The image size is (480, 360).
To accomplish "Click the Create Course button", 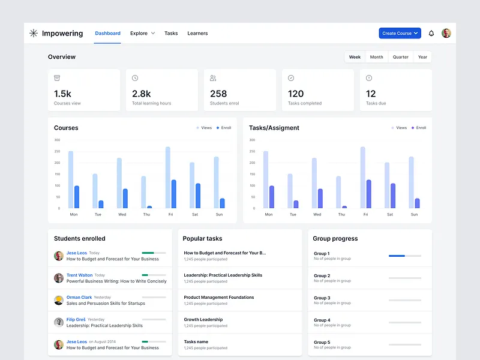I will [400, 34].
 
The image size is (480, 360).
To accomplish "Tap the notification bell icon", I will [431, 34].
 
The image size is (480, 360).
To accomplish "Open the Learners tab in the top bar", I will [197, 34].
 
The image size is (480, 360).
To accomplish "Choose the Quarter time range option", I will [400, 57].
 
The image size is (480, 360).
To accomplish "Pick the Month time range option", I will [376, 57].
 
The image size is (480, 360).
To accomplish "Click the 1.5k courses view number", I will [63, 94].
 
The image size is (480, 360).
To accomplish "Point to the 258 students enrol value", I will [218, 94].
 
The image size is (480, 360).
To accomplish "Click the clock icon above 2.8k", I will [135, 78].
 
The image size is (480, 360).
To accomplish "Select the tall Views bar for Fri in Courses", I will [168, 178].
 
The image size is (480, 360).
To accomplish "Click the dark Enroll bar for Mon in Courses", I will [77, 197].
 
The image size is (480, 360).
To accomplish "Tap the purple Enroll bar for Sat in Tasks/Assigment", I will [393, 196].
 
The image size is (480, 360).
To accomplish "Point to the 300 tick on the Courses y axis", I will [57, 140].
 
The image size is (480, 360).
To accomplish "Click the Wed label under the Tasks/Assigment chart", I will [317, 214].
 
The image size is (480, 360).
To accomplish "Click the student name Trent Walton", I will [79, 275].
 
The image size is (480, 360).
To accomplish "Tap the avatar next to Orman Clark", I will [59, 300].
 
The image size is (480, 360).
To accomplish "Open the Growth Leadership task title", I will [203, 320].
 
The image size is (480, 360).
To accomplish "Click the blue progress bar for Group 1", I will [397, 256].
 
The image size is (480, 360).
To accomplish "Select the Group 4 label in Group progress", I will [322, 320].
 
